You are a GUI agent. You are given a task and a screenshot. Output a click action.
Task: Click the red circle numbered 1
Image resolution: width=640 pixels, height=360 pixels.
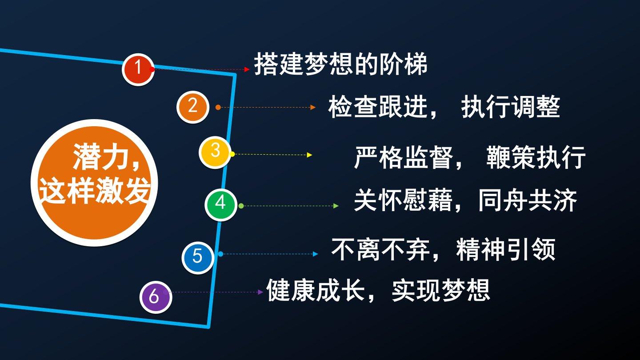click(x=138, y=69)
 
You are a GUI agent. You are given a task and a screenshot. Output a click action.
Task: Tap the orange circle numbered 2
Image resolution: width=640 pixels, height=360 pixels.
click(x=193, y=107)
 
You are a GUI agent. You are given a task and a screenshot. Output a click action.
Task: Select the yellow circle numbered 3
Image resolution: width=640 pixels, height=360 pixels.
click(x=215, y=152)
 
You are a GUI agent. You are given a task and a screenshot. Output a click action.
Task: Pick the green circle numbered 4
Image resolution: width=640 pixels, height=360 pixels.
click(x=221, y=204)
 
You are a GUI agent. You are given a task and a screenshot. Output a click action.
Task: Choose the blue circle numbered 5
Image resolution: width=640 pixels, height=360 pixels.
click(x=198, y=257)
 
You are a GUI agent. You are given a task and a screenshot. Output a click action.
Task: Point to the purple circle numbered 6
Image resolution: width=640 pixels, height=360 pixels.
click(x=156, y=297)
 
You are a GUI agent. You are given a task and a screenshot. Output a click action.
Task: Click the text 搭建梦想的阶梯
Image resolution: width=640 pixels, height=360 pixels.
click(x=341, y=64)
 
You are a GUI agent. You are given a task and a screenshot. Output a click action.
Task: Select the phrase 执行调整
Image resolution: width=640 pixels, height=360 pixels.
click(x=511, y=107)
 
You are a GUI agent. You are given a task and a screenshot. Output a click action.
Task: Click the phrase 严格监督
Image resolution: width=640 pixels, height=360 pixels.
click(x=404, y=157)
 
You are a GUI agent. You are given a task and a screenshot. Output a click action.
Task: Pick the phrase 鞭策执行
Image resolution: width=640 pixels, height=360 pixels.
click(x=536, y=157)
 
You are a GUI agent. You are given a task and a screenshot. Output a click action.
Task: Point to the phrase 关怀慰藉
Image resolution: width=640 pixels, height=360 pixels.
click(x=404, y=200)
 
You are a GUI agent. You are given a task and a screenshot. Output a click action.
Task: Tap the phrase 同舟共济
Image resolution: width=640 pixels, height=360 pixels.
click(x=528, y=200)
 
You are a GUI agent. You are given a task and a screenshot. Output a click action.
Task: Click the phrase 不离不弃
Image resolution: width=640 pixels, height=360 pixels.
click(x=381, y=249)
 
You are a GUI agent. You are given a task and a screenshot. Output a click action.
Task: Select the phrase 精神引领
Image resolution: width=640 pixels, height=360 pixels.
click(x=506, y=249)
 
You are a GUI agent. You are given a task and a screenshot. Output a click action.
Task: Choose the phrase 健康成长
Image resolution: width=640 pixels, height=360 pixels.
click(x=316, y=290)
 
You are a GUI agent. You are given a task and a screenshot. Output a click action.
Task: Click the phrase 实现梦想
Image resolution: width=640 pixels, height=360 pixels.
click(x=441, y=290)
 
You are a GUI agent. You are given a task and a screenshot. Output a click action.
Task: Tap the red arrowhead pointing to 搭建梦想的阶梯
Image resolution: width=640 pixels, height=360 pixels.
click(x=247, y=69)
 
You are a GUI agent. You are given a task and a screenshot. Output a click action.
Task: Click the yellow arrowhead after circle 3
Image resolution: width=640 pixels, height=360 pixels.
click(x=309, y=155)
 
